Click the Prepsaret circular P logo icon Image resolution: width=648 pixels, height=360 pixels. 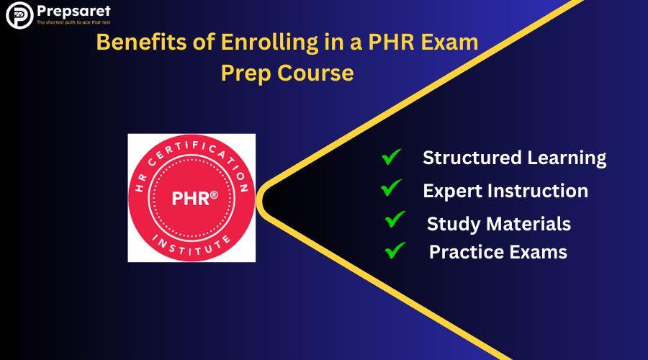click(19, 15)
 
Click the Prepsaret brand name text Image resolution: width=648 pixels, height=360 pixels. click(73, 11)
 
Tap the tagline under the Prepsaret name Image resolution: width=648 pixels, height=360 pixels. click(73, 22)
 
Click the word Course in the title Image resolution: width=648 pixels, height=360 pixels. click(315, 73)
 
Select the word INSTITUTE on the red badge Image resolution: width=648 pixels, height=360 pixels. click(192, 246)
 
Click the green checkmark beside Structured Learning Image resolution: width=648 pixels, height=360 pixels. click(391, 157)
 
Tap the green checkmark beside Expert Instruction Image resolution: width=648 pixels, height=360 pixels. click(391, 188)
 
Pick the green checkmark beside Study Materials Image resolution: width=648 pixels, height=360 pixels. click(395, 220)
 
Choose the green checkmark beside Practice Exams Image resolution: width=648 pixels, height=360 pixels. click(395, 251)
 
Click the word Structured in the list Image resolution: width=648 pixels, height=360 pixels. click(472, 158)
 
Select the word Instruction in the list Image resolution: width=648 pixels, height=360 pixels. click(538, 191)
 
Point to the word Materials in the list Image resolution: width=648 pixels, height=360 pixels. click(528, 224)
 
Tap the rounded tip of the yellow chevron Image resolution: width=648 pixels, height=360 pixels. click(259, 202)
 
